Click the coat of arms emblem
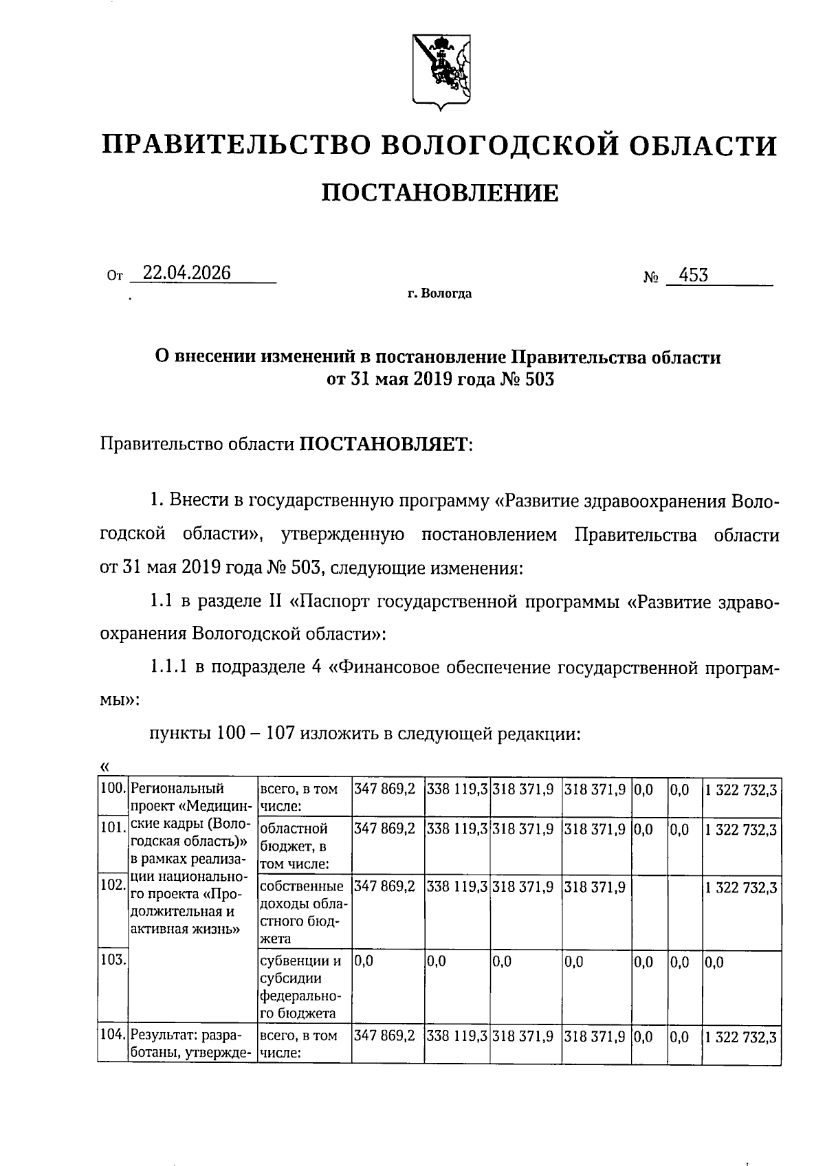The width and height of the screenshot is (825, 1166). pos(440,71)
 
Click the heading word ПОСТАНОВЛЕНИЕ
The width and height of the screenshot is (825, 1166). pos(440,194)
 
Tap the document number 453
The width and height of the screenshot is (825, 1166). pos(692,275)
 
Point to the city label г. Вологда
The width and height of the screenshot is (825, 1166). pos(439,294)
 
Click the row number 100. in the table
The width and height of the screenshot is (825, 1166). pos(112,789)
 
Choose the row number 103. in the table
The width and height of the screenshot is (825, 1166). pos(112,960)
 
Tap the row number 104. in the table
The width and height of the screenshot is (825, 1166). pos(112,1035)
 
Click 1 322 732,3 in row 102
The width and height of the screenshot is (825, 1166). pos(740,888)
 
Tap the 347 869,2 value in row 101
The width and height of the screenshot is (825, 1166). pos(384,829)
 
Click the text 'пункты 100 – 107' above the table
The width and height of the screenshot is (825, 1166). pos(223,733)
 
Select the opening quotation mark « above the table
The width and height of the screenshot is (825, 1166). pos(104,766)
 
